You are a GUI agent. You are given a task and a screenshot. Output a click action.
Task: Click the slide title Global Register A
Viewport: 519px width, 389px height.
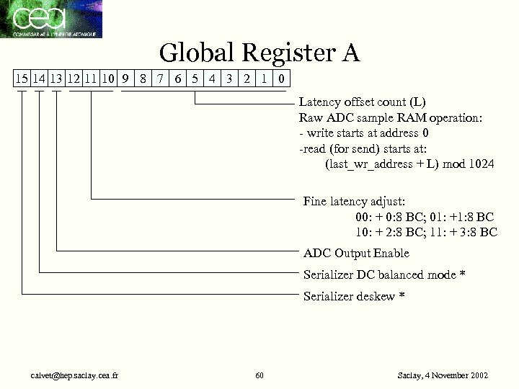(259, 53)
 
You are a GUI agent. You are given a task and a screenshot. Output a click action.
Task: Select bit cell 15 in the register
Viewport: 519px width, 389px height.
(22, 78)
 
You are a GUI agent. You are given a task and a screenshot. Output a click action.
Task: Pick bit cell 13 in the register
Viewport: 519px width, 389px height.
(57, 78)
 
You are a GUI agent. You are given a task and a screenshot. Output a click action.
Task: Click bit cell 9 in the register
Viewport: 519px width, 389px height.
(125, 78)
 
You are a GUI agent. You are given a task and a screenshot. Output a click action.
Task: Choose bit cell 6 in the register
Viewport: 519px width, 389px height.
(178, 78)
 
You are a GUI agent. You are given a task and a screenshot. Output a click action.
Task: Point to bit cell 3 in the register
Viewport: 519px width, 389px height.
(230, 78)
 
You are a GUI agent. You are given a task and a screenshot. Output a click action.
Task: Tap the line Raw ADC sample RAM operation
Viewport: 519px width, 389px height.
(380, 117)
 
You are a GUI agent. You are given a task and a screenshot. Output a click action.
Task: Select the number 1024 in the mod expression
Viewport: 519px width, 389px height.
(480, 164)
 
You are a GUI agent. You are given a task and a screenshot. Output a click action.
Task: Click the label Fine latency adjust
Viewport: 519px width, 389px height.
(354, 201)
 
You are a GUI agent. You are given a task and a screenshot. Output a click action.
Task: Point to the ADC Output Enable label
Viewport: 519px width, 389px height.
(356, 253)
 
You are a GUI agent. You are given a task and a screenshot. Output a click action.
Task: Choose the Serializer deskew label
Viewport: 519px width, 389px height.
(349, 296)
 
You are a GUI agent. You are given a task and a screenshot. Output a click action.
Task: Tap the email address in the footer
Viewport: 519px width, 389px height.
(74, 375)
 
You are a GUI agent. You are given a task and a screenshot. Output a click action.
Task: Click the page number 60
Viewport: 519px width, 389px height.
(259, 375)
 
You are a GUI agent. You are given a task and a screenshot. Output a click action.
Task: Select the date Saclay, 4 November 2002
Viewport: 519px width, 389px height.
(443, 375)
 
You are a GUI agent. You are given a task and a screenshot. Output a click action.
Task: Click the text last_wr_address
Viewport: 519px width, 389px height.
(369, 164)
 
